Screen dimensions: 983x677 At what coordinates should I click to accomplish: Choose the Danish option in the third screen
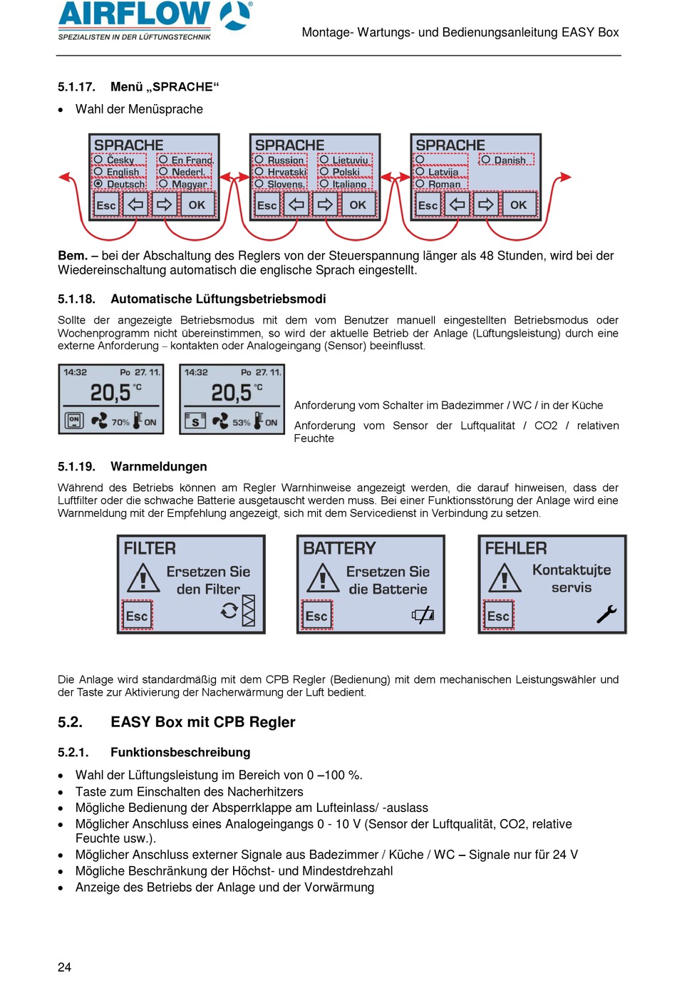click(x=506, y=160)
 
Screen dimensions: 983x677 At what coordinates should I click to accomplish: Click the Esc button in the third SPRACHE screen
click(x=428, y=205)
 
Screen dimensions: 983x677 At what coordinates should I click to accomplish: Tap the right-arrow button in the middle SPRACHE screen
click(x=325, y=205)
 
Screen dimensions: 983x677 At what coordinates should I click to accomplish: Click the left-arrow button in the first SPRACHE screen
click(x=135, y=205)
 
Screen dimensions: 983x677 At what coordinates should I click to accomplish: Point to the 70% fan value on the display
click(x=120, y=422)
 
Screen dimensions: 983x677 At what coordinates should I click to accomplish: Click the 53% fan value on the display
click(x=242, y=422)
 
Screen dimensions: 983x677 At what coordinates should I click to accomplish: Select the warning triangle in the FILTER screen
click(x=143, y=578)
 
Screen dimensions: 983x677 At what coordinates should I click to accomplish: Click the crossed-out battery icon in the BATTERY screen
click(x=423, y=614)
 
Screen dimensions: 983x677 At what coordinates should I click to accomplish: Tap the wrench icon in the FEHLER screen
click(x=606, y=614)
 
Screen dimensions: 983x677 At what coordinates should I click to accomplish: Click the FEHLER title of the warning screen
click(x=516, y=548)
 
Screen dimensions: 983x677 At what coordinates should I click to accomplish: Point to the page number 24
click(x=64, y=967)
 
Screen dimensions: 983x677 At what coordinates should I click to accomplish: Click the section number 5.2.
click(x=70, y=722)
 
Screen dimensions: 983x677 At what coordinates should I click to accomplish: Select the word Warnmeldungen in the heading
click(x=158, y=467)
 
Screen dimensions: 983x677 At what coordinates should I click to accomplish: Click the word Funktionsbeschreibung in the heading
click(x=180, y=752)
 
